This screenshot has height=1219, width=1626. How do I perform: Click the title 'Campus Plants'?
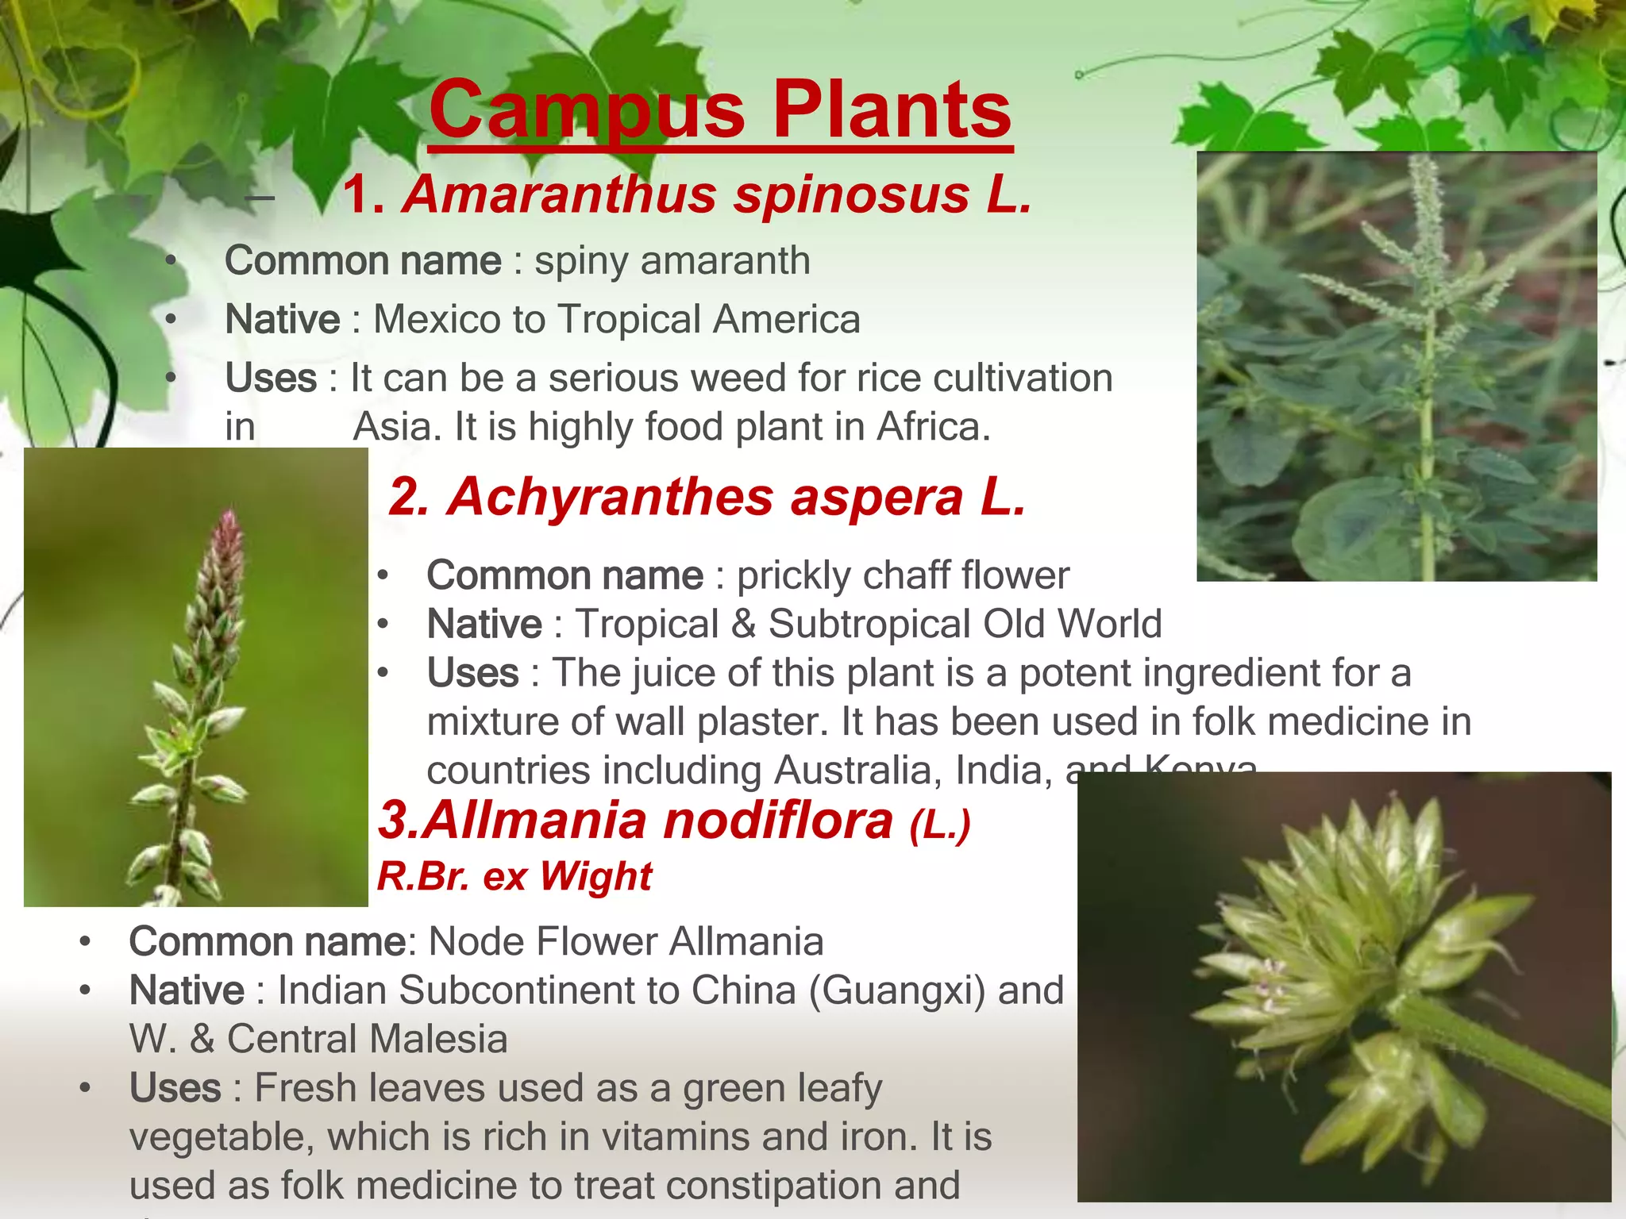coord(720,110)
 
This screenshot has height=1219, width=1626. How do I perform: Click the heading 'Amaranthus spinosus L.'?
coord(718,194)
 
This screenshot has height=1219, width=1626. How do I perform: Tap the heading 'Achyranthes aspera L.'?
coord(736,497)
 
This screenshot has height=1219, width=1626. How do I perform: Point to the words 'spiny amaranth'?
coord(672,260)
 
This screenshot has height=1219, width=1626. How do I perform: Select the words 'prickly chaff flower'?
coord(903,575)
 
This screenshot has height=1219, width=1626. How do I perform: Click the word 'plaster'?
coord(762,721)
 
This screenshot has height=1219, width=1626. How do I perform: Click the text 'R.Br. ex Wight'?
coord(514,877)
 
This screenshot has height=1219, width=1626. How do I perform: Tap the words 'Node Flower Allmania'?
coord(626,942)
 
